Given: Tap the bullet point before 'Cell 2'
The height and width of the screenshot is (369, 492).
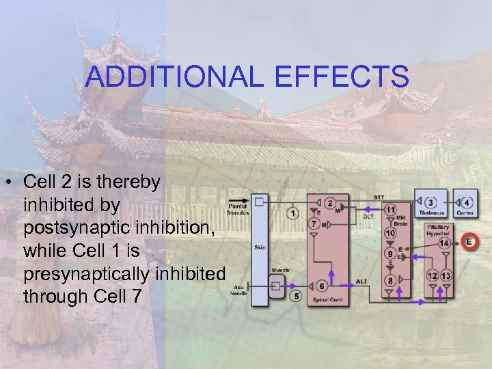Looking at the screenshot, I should pos(11,183).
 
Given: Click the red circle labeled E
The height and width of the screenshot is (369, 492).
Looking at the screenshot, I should pos(468,241).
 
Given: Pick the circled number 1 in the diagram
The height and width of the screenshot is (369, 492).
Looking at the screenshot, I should pos(294,214).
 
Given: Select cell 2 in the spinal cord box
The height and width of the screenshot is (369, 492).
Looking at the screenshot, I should pos(330,204).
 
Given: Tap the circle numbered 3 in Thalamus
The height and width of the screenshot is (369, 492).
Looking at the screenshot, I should pos(430,203).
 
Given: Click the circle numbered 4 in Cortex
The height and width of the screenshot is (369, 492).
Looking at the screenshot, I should pos(466,203).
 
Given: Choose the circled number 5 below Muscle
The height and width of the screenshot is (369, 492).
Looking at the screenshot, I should pos(296,297).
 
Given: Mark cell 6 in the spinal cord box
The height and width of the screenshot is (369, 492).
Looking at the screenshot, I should pos(321,286).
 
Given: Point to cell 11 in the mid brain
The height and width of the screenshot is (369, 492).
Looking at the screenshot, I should pos(390,209).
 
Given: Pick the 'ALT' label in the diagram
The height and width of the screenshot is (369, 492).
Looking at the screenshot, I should pos(362,281).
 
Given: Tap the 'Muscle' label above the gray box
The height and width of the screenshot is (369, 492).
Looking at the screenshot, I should pos(280,270).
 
